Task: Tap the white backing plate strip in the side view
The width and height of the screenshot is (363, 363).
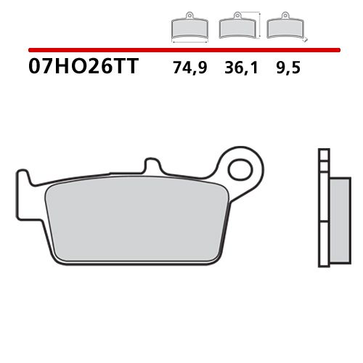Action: click(325, 218)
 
